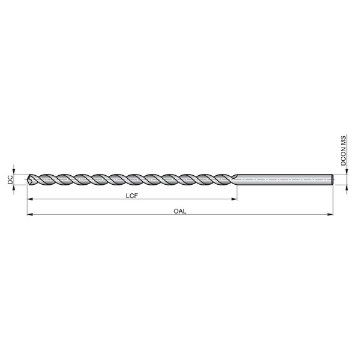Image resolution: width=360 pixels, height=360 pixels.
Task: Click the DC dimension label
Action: click(10, 180)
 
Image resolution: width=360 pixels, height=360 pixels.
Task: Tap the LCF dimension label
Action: click(132, 196)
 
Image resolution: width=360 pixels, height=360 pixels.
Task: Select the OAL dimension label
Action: click(180, 211)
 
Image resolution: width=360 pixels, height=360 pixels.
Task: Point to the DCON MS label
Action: click(343, 151)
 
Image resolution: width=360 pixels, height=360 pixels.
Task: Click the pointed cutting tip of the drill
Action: click(28, 179)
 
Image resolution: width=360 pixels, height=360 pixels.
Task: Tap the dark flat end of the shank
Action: click(332, 179)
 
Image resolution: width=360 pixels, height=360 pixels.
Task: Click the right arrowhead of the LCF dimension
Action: click(234, 199)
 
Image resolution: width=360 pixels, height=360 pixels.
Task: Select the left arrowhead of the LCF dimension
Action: click(30, 199)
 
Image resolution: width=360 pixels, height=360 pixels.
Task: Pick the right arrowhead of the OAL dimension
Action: click(330, 214)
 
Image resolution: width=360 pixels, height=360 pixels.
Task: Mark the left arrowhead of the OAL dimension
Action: click(30, 214)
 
